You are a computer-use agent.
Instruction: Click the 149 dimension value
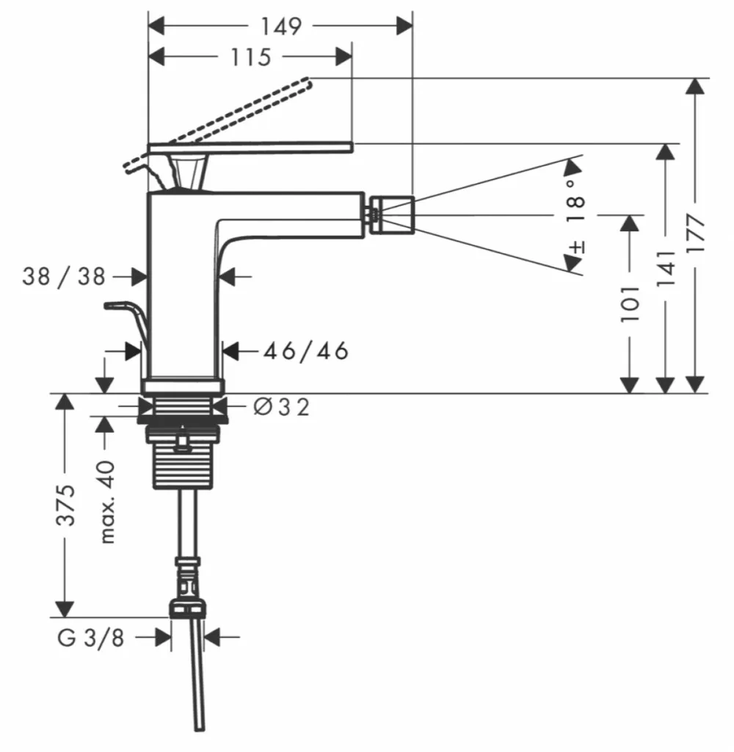(281, 26)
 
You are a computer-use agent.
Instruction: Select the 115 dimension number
(251, 57)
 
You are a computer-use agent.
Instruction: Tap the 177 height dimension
(695, 234)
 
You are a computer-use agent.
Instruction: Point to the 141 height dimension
(665, 269)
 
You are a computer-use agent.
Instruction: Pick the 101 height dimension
(630, 304)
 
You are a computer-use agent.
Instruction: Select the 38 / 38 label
(64, 277)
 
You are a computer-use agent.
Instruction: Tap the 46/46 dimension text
(306, 351)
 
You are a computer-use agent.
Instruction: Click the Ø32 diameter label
(281, 407)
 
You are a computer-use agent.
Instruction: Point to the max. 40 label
(107, 502)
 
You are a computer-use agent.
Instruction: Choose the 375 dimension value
(65, 505)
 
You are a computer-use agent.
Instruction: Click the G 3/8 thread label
(91, 638)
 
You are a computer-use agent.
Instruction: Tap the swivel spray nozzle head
(391, 215)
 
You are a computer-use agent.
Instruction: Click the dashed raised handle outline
(218, 126)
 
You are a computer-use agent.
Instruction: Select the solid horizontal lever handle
(251, 148)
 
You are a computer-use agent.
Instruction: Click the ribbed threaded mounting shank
(183, 460)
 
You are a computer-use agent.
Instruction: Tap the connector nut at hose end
(187, 607)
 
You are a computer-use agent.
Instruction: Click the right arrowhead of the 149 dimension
(404, 26)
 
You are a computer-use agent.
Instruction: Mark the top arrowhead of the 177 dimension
(695, 87)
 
